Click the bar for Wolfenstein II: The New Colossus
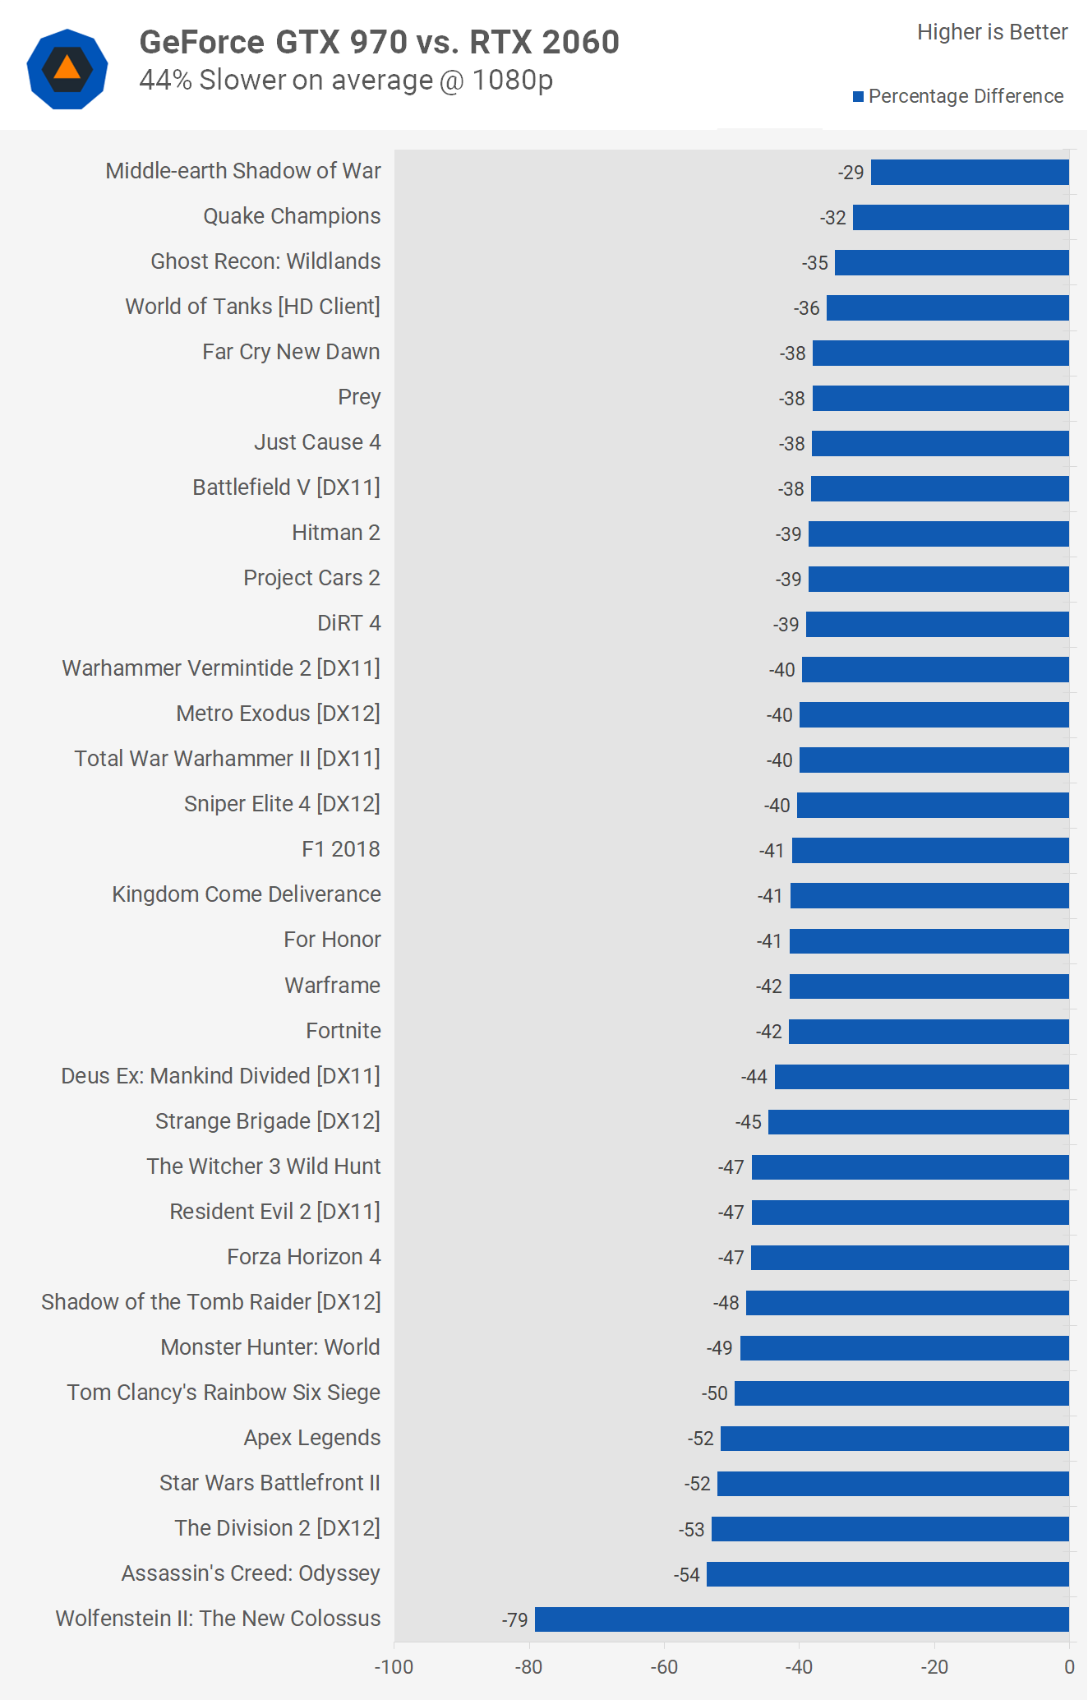coord(801,1619)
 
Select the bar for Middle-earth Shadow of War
coord(970,173)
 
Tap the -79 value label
coord(515,1620)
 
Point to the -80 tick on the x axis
coord(529,1667)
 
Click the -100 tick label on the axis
coord(394,1667)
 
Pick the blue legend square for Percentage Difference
coord(859,97)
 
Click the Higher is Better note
coord(992,32)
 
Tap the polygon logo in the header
coord(67,69)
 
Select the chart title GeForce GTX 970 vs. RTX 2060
coord(379,42)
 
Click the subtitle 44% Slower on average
coord(346,81)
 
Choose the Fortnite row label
coord(343,1031)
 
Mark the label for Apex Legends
coord(312,1438)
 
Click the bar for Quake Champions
coord(961,218)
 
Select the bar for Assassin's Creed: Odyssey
coord(887,1574)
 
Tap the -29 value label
coord(851,173)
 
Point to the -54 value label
coord(687,1575)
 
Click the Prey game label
coord(359,397)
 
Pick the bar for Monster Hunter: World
coord(904,1348)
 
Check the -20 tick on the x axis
coord(934,1667)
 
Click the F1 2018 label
coord(340,849)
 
